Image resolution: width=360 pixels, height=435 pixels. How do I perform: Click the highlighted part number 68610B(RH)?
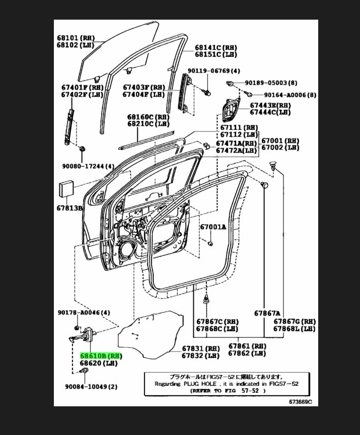[x=101, y=355]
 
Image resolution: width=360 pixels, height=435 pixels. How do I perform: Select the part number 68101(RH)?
[x=75, y=38]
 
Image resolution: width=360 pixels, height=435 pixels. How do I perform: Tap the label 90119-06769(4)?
[x=214, y=71]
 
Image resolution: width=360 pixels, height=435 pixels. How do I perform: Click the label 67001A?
[x=213, y=227]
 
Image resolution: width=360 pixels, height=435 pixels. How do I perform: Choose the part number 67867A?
[x=267, y=313]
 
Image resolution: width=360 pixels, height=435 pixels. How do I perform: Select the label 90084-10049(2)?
[x=91, y=386]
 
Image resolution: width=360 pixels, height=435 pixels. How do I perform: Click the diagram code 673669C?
[x=300, y=401]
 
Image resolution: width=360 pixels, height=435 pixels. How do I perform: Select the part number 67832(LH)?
[x=200, y=355]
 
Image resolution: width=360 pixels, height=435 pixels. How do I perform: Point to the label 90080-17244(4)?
[x=88, y=166]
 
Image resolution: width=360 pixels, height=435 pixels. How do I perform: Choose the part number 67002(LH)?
[x=279, y=148]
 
